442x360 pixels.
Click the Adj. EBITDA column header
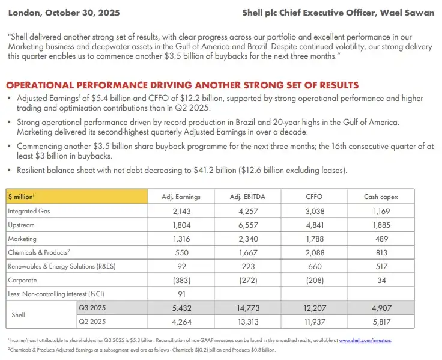[247, 197]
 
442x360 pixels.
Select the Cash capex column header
[381, 197]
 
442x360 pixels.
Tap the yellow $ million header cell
[77, 197]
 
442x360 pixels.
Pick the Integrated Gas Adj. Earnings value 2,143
[181, 211]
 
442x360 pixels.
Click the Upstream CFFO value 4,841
[315, 225]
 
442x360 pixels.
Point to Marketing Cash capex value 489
[381, 239]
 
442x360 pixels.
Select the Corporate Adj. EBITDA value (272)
[248, 280]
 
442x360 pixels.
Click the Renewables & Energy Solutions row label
[62, 266]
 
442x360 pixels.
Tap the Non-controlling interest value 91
[181, 294]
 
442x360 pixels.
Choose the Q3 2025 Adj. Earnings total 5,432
[181, 308]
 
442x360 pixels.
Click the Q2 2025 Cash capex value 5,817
[381, 322]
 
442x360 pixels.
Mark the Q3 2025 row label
[92, 308]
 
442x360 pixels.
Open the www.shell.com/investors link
[365, 340]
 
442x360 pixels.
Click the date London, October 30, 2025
[64, 13]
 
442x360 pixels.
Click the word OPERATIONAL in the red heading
[40, 85]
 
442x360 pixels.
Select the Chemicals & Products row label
[39, 252]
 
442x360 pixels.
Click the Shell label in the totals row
[18, 315]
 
